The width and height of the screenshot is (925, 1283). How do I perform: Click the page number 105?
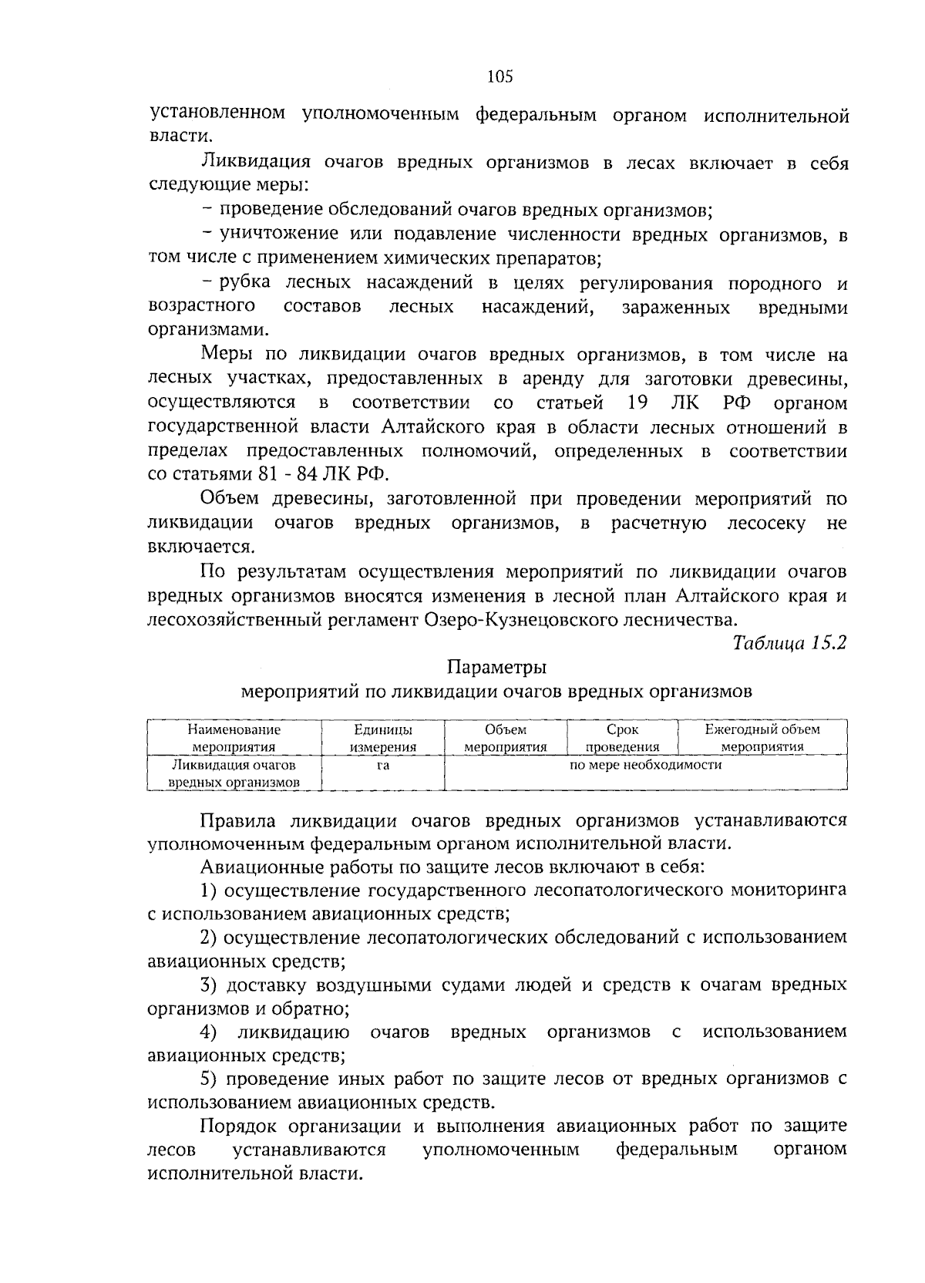500,76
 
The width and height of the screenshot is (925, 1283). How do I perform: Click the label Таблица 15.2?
789,642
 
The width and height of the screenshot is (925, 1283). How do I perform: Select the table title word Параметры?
497,666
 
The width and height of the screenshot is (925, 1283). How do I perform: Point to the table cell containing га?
382,766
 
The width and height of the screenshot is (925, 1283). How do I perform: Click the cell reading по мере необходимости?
645,765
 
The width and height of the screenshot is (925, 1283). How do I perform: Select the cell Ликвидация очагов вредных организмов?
234,773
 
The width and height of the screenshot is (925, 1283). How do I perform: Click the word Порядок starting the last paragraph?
235,1126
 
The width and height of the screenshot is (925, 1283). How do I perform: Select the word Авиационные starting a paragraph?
259,866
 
